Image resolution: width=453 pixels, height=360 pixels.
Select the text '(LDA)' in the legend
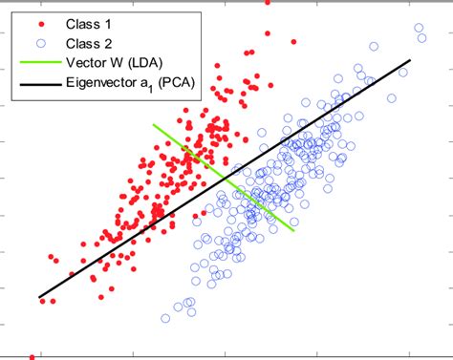tap(148, 65)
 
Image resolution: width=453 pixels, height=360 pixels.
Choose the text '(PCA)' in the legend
tap(180, 87)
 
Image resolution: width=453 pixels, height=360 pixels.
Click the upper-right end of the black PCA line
tap(410, 60)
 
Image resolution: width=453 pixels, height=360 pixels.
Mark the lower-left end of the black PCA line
tap(39, 297)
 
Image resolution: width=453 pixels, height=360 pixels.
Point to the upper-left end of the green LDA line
tap(153, 124)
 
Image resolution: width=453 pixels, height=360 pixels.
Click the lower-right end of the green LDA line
tap(292, 230)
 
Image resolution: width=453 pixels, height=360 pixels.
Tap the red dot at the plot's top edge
tap(267, 3)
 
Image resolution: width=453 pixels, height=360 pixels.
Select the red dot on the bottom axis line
tap(32, 357)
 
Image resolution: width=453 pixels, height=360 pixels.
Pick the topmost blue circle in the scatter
tap(417, 28)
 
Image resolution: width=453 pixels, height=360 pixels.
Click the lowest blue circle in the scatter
tap(164, 318)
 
